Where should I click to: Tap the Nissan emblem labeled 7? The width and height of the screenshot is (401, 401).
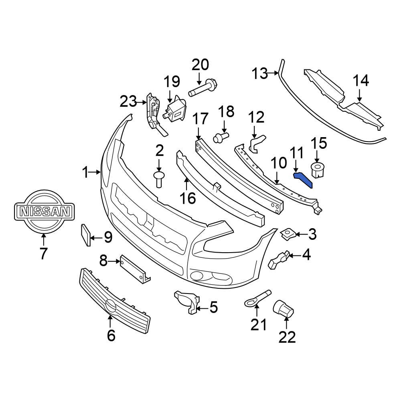coord(43,211)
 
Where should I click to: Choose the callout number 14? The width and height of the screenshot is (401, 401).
coord(360,81)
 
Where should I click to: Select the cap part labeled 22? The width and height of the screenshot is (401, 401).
coord(284,310)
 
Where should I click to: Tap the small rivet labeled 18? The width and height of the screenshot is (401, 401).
coord(221,138)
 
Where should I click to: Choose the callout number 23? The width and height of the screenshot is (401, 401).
coord(128,102)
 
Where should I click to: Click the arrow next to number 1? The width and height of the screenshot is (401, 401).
coord(96,172)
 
